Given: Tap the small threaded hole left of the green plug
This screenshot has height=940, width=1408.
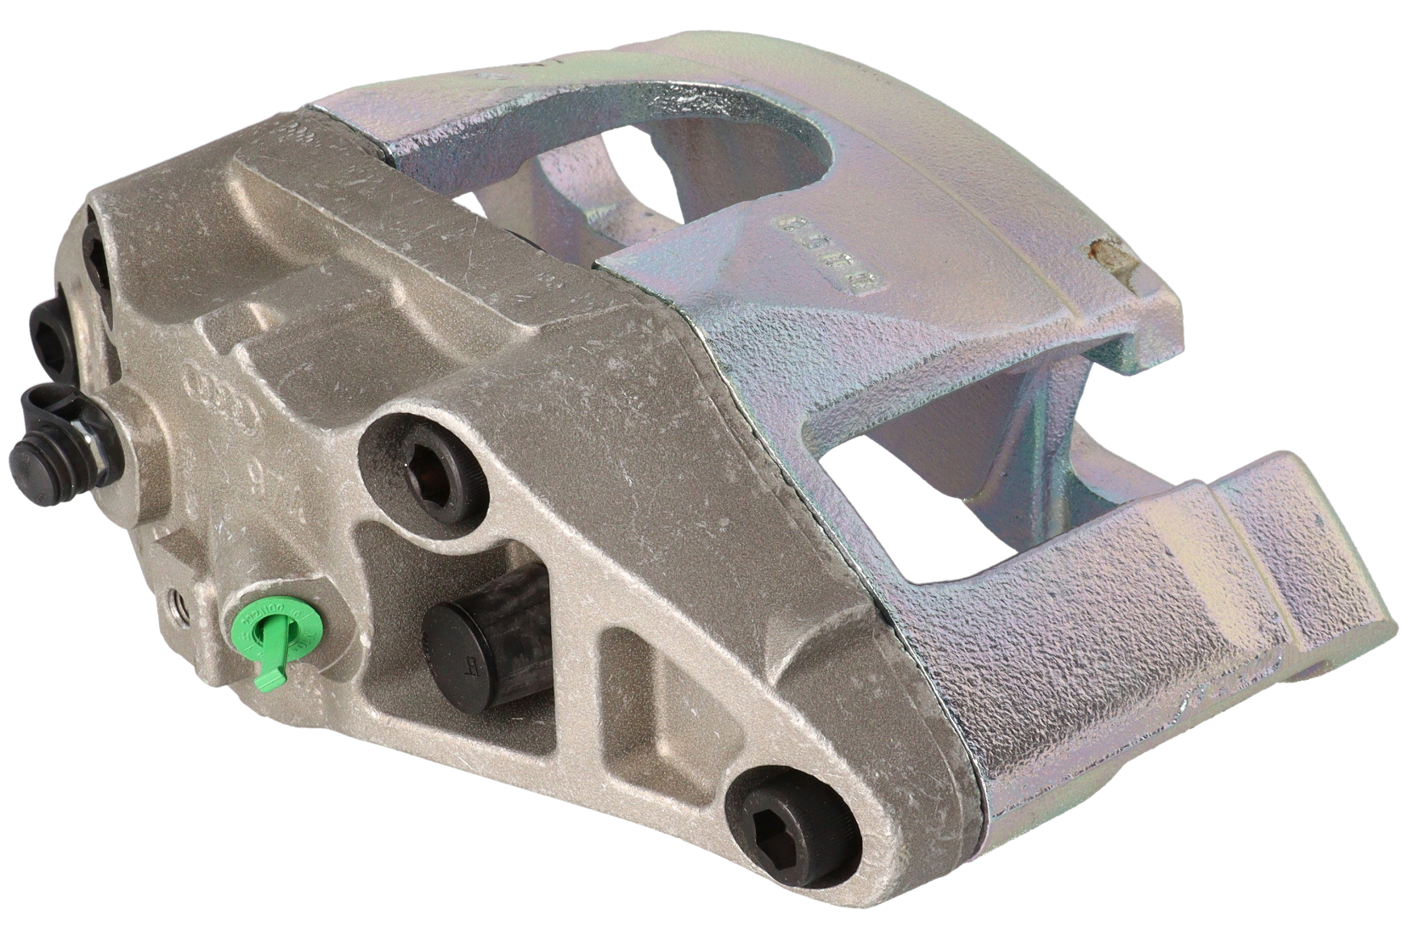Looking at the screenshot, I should click(x=179, y=604).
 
